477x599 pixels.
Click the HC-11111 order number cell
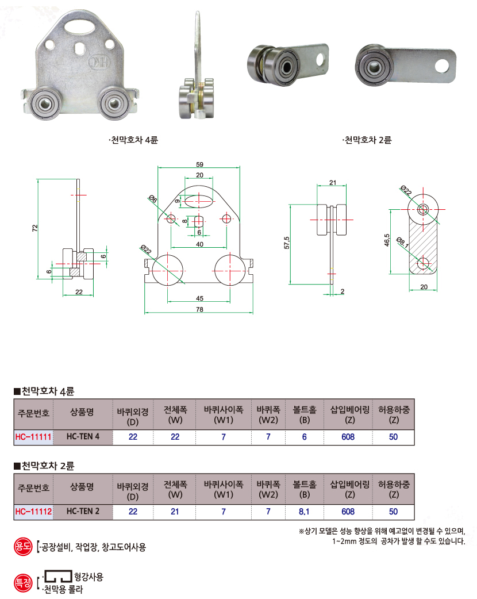pyautogui.click(x=33, y=437)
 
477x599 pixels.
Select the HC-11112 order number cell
pyautogui.click(x=33, y=512)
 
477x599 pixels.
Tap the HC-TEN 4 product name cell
pyautogui.click(x=83, y=437)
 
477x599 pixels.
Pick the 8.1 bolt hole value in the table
pyautogui.click(x=305, y=512)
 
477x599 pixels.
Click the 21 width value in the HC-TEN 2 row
pyautogui.click(x=175, y=512)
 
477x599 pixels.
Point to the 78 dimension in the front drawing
pyautogui.click(x=199, y=309)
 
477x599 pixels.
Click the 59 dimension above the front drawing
pyautogui.click(x=199, y=164)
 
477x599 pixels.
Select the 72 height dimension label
pyautogui.click(x=35, y=228)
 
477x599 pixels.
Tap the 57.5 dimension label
pyautogui.click(x=287, y=243)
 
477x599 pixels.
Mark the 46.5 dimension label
pyautogui.click(x=387, y=240)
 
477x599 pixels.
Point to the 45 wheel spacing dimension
pyautogui.click(x=199, y=298)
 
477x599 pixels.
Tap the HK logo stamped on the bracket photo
pyautogui.click(x=99, y=62)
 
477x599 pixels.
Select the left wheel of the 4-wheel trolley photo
pyautogui.click(x=45, y=103)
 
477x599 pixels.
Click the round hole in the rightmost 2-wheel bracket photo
pyautogui.click(x=442, y=66)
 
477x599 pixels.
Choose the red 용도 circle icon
pyautogui.click(x=23, y=546)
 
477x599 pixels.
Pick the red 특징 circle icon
pyautogui.click(x=23, y=583)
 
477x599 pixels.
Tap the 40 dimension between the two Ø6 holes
pyautogui.click(x=199, y=244)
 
